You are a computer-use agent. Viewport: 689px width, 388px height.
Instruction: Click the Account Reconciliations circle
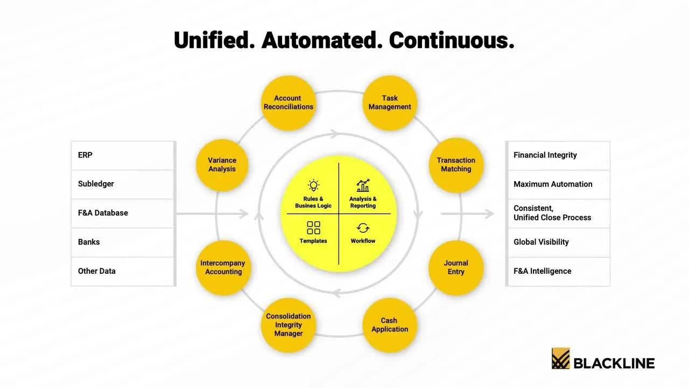pos(288,102)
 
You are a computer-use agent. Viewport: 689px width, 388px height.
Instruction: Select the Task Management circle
pos(390,102)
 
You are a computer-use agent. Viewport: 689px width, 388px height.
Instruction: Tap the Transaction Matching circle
pos(456,164)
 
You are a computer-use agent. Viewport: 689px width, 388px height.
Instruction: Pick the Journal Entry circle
pos(456,267)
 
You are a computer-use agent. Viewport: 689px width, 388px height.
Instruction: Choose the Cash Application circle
pos(390,324)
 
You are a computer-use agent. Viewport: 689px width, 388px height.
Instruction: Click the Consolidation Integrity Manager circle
pos(289,324)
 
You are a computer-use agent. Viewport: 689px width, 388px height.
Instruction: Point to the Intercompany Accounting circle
pos(223,267)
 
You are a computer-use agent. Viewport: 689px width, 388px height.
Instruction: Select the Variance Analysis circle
pos(222,164)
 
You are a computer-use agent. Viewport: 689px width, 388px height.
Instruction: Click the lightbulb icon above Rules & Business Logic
pos(313,186)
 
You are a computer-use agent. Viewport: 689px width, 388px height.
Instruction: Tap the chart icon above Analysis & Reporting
pos(363,186)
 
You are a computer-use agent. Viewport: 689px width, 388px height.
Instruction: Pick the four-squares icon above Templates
pos(313,227)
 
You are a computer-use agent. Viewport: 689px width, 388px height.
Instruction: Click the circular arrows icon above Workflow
pos(363,228)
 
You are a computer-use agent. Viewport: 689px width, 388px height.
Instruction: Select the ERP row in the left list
pos(123,155)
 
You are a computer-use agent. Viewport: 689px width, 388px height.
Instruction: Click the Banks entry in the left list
pos(123,242)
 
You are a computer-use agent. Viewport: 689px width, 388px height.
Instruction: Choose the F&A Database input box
pos(123,213)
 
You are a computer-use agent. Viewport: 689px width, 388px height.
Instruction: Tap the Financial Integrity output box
pos(558,155)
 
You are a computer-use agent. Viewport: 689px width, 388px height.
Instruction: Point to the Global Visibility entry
pos(558,242)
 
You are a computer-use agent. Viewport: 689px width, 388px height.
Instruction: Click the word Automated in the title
pos(321,40)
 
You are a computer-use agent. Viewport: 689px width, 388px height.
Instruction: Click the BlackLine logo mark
pos(560,358)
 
